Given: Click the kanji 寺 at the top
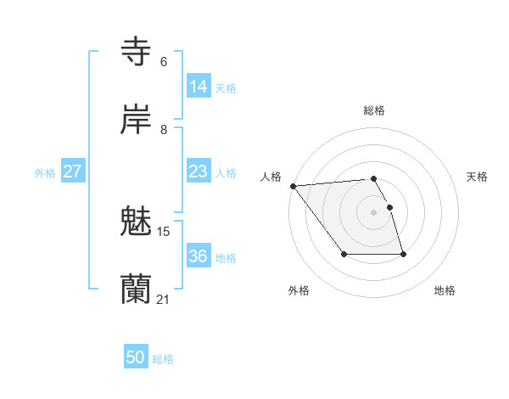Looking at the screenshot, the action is coord(137,51).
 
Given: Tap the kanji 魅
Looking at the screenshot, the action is coord(137,222).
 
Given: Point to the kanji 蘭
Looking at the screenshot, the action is coord(137,289).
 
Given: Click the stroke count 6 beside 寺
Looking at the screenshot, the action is coord(164,62).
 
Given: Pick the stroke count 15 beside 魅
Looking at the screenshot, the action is coord(164,232).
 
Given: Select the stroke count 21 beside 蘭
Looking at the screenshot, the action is coord(164,300).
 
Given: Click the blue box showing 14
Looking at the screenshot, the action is coord(199,87).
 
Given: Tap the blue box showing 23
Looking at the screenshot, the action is coord(199,171).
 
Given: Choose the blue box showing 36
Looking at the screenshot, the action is coord(199,256).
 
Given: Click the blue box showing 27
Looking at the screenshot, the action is coord(73,171).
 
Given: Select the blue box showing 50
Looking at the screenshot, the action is coord(136,357).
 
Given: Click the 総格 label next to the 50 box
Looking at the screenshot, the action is coord(164,359).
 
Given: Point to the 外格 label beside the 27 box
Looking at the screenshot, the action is coord(45,173).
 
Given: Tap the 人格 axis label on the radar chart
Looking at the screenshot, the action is coord(271,177).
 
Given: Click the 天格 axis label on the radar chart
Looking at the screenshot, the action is coord(477,177).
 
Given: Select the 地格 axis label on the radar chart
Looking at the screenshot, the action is coord(445,290).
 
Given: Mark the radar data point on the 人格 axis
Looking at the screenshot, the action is coord(293,186).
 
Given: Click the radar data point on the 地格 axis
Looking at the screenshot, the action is coord(403,255).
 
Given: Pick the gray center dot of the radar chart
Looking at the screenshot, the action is coord(373,212).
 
